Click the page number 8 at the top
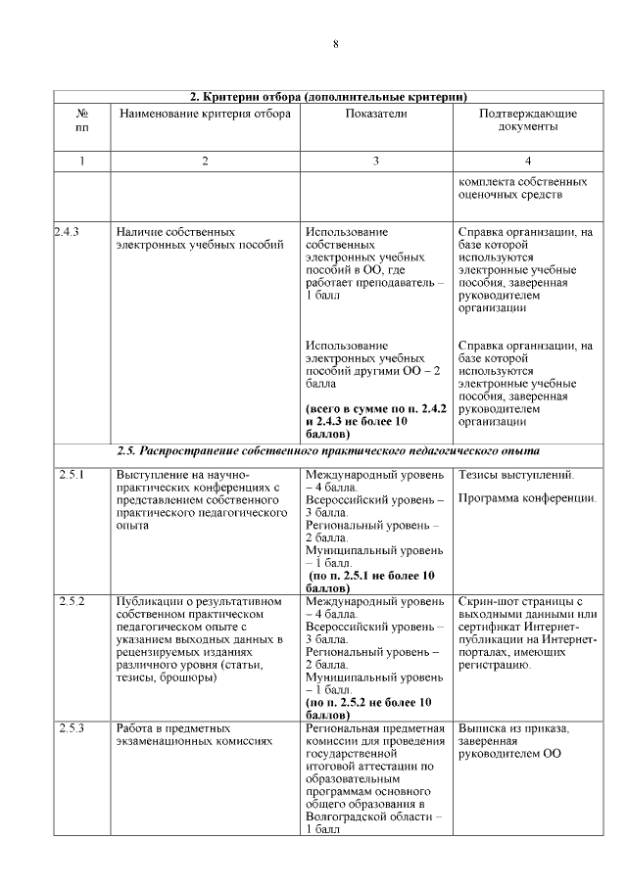pyautogui.click(x=335, y=44)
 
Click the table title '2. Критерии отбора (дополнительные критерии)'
pyautogui.click(x=327, y=96)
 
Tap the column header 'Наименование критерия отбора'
pyautogui.click(x=205, y=114)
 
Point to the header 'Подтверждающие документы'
pyautogui.click(x=527, y=120)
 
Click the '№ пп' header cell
pyautogui.click(x=82, y=120)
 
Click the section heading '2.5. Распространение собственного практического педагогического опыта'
pyautogui.click(x=327, y=451)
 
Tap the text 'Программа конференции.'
pyautogui.click(x=527, y=498)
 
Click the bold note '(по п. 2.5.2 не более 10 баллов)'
pyautogui.click(x=368, y=709)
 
